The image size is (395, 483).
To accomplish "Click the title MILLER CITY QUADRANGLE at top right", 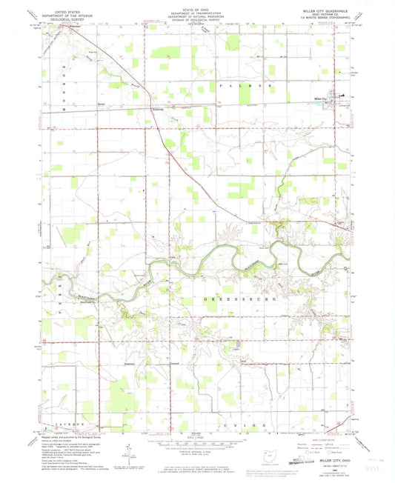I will [x=325, y=11].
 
